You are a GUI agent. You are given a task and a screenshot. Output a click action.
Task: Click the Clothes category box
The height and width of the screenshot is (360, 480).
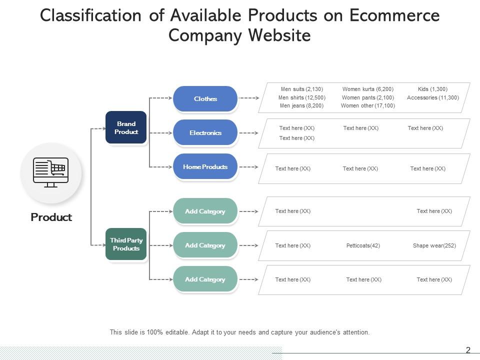coord(205,99)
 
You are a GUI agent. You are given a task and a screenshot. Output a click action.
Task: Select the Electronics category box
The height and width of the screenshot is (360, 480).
coord(205,133)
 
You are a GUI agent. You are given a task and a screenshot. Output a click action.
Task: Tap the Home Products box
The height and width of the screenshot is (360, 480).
coord(205,167)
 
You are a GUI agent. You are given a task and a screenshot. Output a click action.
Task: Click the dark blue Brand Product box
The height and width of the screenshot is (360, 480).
coord(126,127)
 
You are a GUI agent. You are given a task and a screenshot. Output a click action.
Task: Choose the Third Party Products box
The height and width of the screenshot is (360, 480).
coord(126,244)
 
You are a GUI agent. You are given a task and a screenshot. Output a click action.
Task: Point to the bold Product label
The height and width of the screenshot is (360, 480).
coord(51,217)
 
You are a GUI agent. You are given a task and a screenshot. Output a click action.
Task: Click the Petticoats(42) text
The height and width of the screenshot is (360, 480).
coord(363,245)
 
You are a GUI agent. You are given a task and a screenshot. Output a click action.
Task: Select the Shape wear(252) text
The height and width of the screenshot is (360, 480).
coord(434,245)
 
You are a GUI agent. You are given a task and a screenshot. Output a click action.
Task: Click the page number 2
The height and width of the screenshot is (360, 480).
coord(468,350)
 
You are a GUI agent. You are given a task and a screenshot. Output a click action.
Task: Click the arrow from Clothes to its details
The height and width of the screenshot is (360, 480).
coord(248,98)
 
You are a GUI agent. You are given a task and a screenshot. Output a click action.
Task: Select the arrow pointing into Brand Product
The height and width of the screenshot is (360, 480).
coord(98,128)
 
